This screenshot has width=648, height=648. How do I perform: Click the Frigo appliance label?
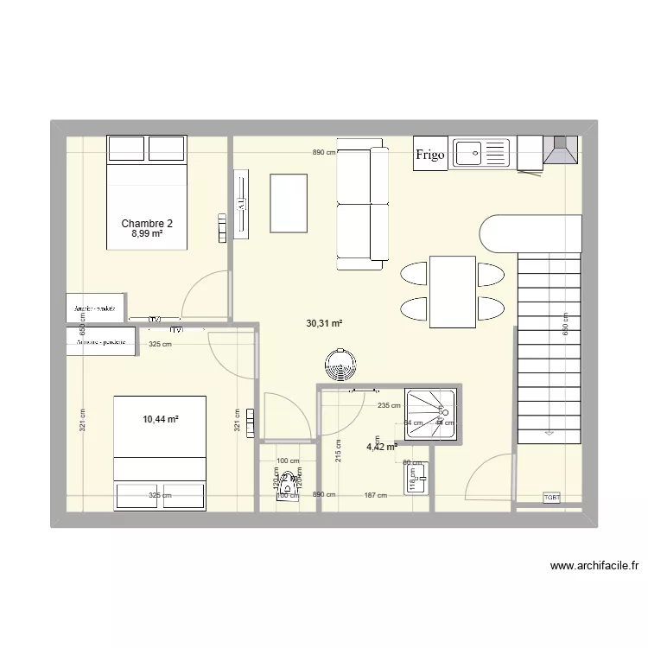[430, 155]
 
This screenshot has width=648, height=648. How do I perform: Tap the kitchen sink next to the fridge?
[481, 153]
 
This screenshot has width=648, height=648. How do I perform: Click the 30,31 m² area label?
[324, 324]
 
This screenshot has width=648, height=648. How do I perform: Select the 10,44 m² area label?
[161, 419]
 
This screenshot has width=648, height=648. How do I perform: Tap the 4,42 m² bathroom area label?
[381, 447]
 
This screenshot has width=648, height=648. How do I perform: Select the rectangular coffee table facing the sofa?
[289, 203]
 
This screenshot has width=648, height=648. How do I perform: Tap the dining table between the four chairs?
[452, 292]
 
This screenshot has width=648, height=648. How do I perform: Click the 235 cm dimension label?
[389, 405]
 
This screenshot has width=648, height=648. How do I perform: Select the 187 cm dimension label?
[374, 495]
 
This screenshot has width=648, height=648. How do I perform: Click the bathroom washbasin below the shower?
[414, 476]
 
